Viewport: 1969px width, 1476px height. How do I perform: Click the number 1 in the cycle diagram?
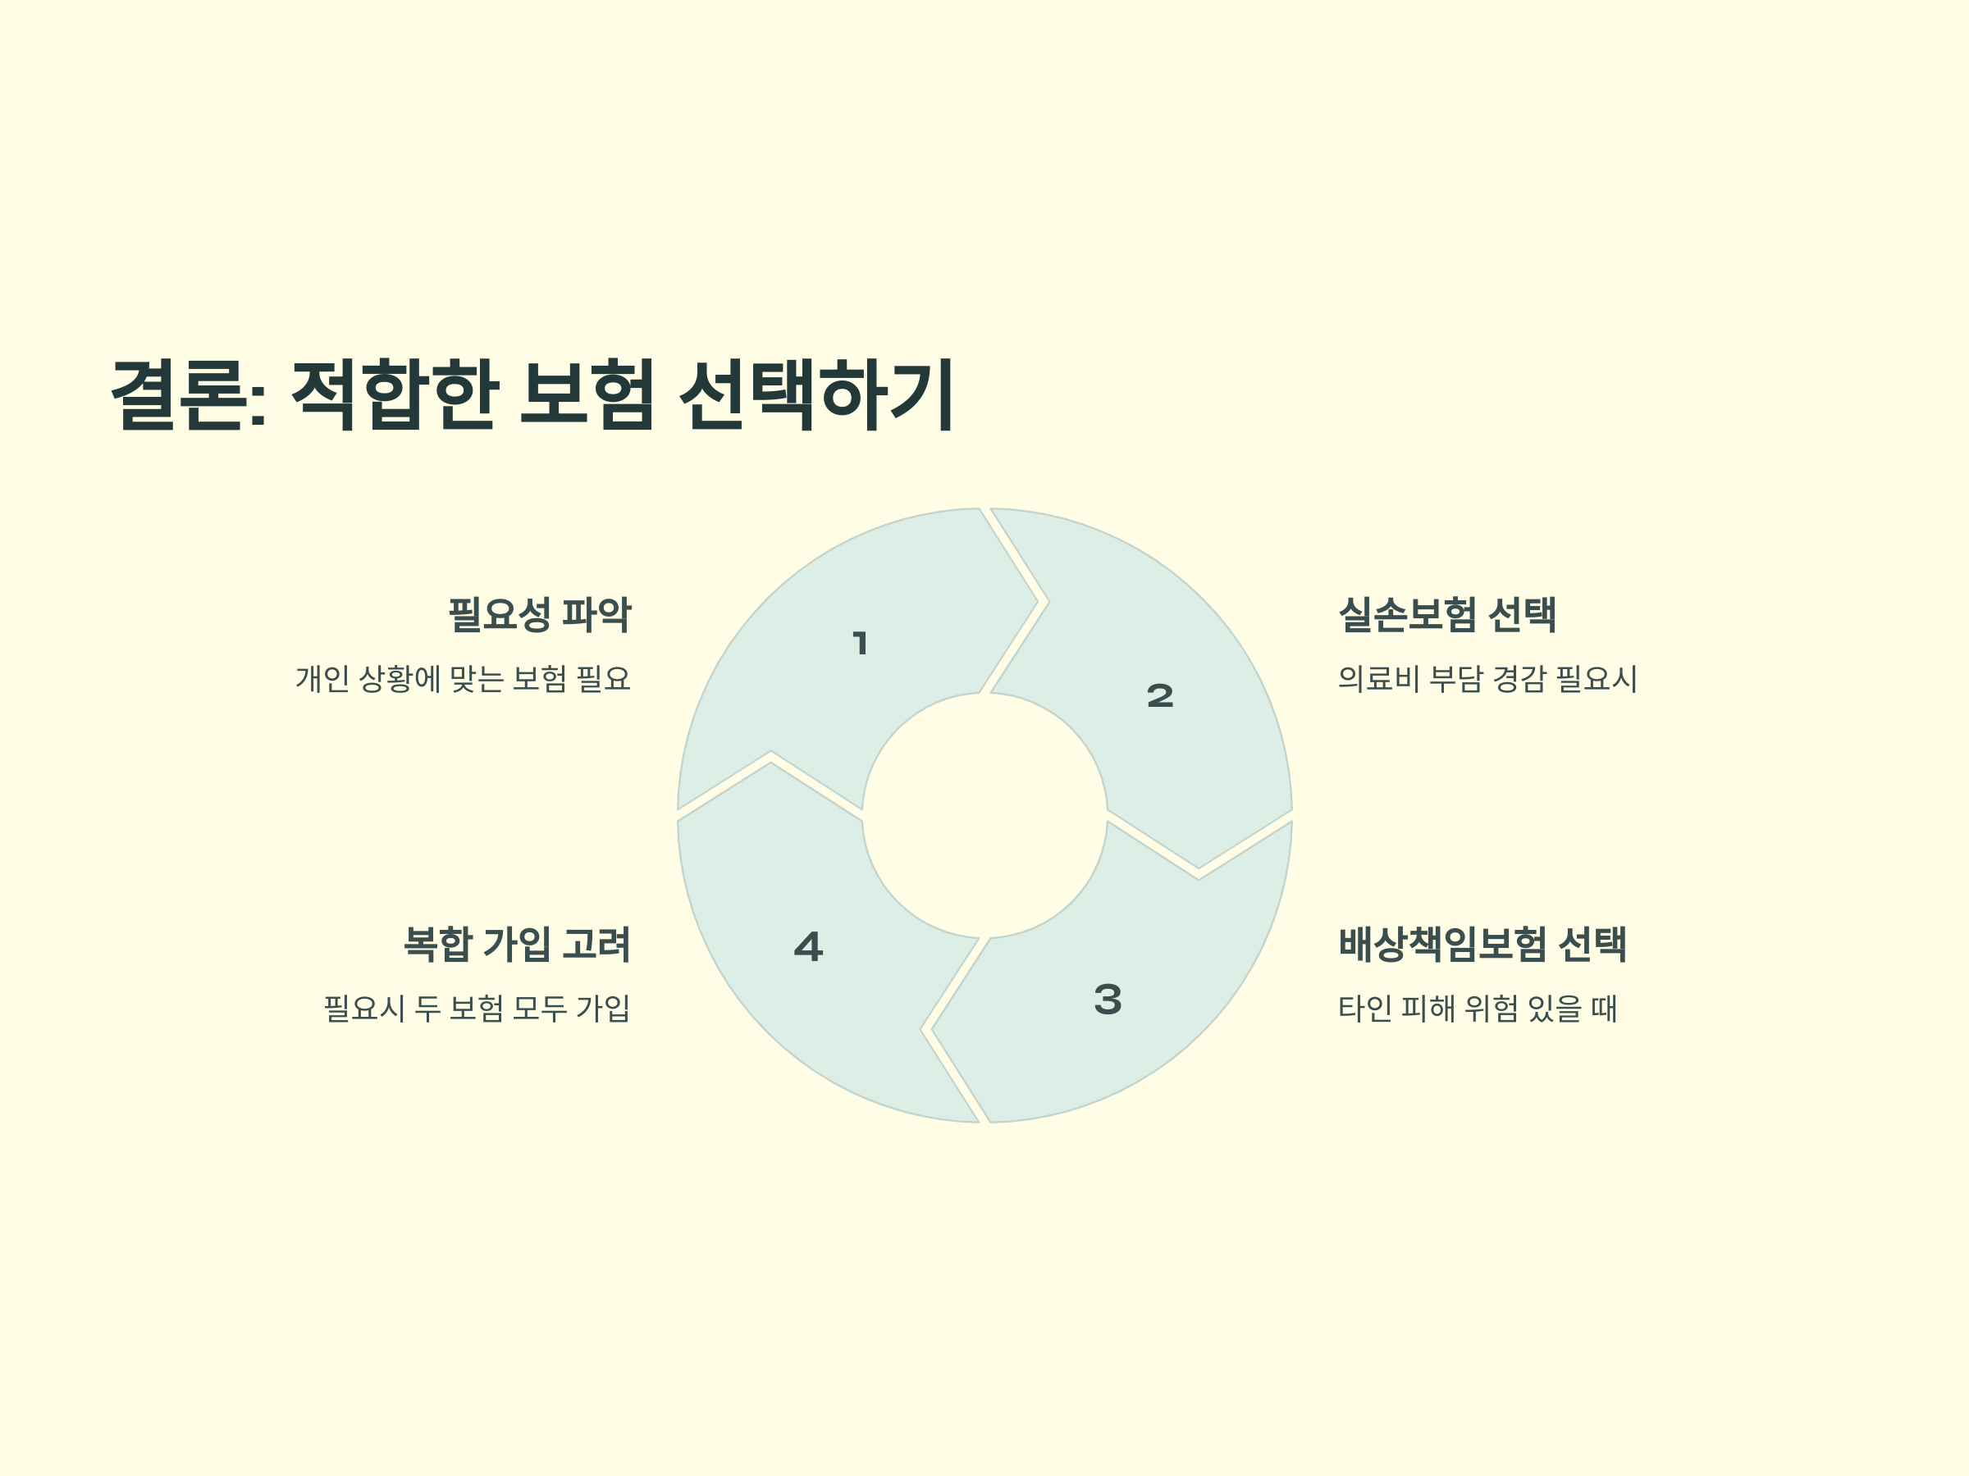tap(860, 643)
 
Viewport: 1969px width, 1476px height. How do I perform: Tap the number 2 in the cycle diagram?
tap(1160, 695)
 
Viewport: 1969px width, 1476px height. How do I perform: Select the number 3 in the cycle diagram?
tap(1108, 999)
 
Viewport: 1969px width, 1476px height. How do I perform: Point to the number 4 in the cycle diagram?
tap(808, 946)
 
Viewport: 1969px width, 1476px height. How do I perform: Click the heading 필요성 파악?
tap(540, 615)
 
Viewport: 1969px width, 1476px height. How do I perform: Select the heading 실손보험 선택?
tap(1447, 615)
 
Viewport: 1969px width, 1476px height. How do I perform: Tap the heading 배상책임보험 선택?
tap(1482, 944)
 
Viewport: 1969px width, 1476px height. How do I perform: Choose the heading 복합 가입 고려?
tap(517, 944)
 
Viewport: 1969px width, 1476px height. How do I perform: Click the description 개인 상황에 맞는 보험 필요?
tap(463, 679)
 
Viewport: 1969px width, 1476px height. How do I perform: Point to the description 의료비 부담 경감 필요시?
tap(1487, 679)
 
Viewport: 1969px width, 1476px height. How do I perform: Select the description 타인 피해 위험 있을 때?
tap(1478, 1008)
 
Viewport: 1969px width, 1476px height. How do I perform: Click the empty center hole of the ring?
tap(984, 815)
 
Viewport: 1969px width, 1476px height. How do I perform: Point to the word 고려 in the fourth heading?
tap(596, 944)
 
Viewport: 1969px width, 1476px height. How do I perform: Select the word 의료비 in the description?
tap(1379, 679)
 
